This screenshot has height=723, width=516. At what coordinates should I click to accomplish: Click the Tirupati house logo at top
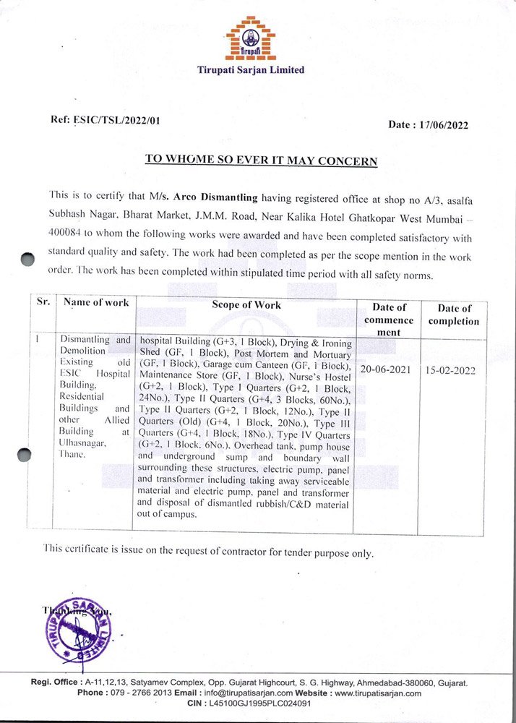tap(250, 38)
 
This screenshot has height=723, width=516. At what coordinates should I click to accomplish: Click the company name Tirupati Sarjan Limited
tap(251, 70)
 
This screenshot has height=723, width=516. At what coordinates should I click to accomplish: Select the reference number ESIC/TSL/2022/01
tap(116, 120)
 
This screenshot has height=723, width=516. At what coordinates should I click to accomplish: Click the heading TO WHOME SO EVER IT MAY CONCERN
tap(261, 160)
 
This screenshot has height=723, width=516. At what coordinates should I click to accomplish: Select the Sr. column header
tap(43, 302)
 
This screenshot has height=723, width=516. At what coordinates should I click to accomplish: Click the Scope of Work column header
tap(246, 305)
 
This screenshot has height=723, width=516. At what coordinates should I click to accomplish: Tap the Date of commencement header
tap(389, 319)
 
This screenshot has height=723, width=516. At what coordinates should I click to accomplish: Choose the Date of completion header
tap(453, 315)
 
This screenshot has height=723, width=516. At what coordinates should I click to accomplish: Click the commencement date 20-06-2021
tap(388, 369)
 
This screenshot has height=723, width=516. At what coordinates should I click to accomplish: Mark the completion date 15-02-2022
tap(453, 369)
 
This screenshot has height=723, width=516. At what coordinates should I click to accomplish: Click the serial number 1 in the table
tap(38, 338)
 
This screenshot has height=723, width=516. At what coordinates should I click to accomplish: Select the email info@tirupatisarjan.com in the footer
tap(253, 693)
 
